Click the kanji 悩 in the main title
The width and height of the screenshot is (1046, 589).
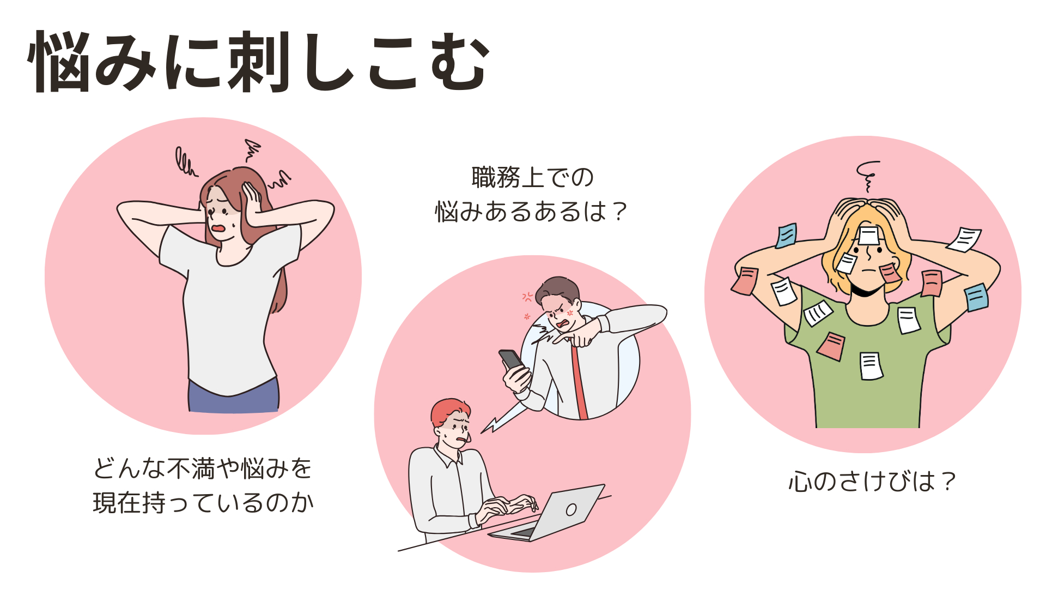(59, 62)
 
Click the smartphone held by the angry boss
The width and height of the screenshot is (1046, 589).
(512, 360)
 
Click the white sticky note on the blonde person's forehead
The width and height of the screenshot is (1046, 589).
(868, 236)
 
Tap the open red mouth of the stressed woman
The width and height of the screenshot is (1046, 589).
(218, 228)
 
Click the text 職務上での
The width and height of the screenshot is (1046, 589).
(532, 178)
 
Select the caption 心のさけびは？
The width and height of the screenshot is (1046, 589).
(872, 482)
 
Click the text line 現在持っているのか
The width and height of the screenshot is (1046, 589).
(203, 502)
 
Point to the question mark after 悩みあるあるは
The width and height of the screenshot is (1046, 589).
(619, 212)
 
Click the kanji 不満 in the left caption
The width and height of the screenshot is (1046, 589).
(191, 468)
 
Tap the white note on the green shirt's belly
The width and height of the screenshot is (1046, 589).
(871, 366)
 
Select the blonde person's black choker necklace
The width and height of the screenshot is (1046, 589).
(866, 291)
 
